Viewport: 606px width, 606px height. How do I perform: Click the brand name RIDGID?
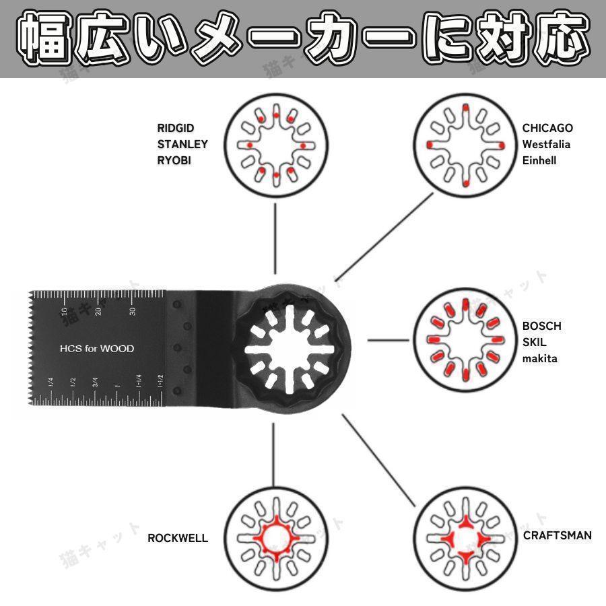click(x=176, y=128)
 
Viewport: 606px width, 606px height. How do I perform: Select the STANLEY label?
click(x=182, y=144)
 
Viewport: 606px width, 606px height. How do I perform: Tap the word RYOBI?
click(x=174, y=160)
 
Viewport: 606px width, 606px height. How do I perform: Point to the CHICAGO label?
click(x=547, y=128)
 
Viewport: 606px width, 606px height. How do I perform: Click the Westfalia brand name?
click(x=546, y=144)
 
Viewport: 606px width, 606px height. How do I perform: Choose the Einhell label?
click(x=539, y=160)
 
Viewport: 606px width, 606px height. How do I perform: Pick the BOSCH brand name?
click(x=541, y=326)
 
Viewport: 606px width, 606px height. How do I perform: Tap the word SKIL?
click(x=534, y=342)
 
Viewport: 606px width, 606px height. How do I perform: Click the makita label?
click(x=539, y=359)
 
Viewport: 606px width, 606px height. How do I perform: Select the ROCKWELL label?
click(x=178, y=538)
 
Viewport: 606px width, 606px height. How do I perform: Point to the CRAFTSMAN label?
click(x=558, y=535)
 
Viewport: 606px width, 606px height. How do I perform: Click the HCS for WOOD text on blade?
click(x=97, y=349)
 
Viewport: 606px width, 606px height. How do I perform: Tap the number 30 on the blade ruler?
click(x=133, y=311)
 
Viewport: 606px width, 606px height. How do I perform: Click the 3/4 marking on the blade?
click(x=95, y=382)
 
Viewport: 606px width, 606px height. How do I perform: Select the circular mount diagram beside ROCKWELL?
click(x=276, y=539)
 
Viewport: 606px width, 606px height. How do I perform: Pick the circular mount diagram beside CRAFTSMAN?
click(x=466, y=539)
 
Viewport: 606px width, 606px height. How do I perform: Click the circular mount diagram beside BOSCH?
click(x=466, y=339)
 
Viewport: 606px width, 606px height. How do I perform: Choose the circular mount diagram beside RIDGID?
click(x=276, y=145)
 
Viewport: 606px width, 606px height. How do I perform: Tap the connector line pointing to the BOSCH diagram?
click(x=388, y=341)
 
